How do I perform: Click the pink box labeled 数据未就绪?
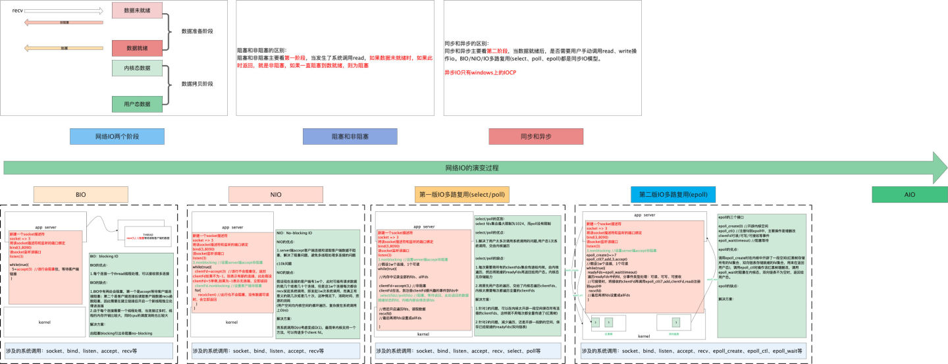coord(138,10)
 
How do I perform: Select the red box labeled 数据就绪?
coord(138,48)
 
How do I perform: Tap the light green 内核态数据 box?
coord(138,68)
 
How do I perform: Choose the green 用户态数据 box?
coord(138,103)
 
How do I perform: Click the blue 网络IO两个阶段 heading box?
coord(118,136)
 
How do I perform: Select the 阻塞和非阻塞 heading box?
coord(350,136)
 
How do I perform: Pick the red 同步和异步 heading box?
coord(536,136)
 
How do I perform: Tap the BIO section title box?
coord(81,195)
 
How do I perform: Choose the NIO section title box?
coord(276,195)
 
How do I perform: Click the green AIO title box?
coord(909,195)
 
